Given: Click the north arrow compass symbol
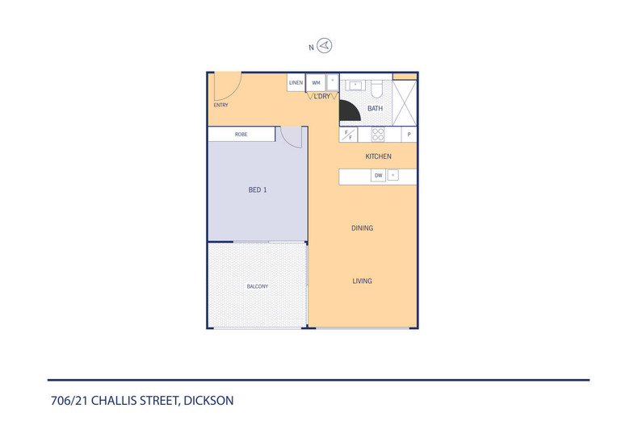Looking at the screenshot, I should click(x=325, y=46).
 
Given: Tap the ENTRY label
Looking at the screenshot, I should click(x=220, y=105).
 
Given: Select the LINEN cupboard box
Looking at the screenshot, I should click(x=296, y=82).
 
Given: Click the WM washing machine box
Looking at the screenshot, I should click(x=316, y=82).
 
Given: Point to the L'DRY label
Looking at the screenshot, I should click(x=322, y=96).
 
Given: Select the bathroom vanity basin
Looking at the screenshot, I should click(x=355, y=85).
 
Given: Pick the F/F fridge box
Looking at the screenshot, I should click(x=349, y=134).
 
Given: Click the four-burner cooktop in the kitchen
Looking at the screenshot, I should click(x=377, y=134).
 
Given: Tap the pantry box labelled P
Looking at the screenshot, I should click(x=409, y=134).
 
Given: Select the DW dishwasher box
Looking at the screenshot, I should click(x=377, y=175).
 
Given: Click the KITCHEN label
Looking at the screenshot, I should click(x=378, y=156).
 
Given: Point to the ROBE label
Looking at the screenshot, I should click(x=241, y=134).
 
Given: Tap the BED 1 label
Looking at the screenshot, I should click(x=257, y=190).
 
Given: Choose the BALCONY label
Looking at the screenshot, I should click(x=257, y=286).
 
